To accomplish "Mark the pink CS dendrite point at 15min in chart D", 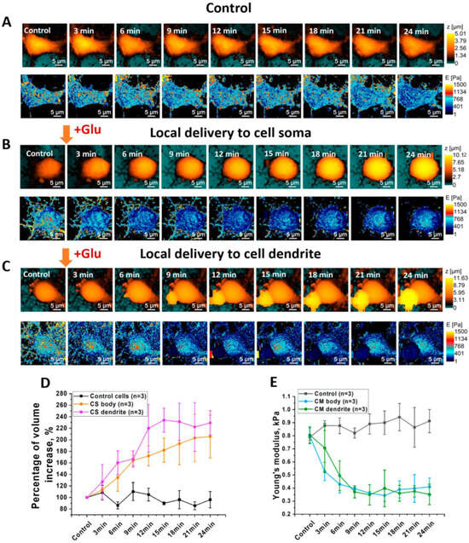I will pos(164,419).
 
